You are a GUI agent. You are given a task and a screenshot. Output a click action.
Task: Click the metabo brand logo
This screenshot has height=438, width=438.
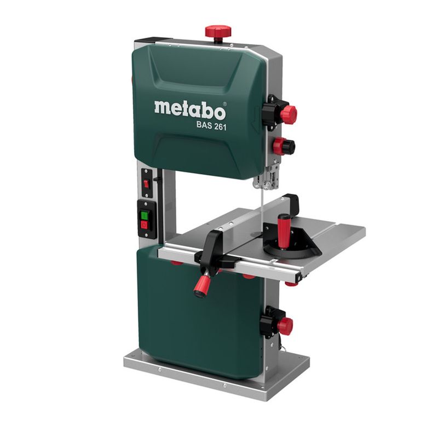[190, 110]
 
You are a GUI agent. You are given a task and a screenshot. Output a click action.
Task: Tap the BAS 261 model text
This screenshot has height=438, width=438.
[211, 125]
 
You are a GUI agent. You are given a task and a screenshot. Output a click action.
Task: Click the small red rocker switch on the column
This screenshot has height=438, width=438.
[146, 184]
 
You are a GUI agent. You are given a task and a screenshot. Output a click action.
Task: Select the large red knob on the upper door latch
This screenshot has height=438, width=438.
[289, 114]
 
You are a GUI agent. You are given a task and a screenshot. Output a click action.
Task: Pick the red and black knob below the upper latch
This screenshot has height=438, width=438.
[284, 146]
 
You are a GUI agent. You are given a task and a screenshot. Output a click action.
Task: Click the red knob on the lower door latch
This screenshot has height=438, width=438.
[285, 325]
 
